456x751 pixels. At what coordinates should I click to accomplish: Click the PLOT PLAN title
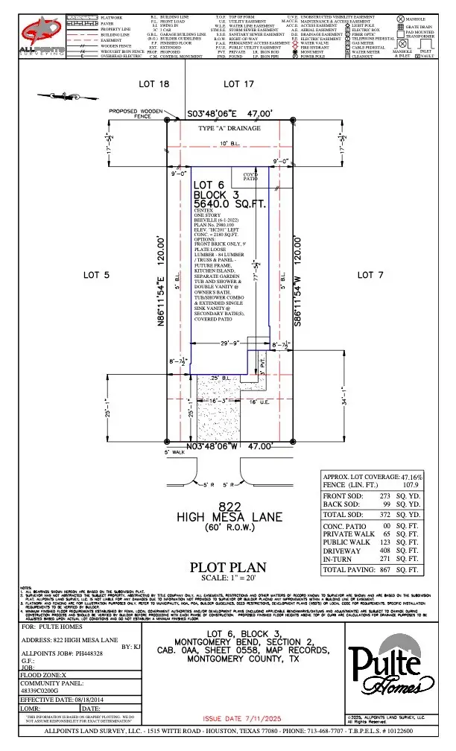click(x=228, y=568)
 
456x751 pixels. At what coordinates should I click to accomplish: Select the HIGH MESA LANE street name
click(x=228, y=516)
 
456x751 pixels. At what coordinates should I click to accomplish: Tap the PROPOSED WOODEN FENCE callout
click(x=136, y=114)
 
